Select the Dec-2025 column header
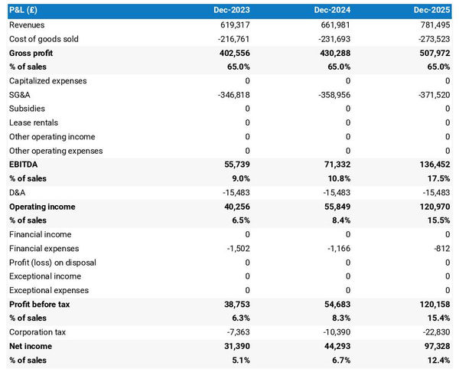point(432,11)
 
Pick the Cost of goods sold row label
point(44,38)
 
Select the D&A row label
point(18,192)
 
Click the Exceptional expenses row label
point(48,290)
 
